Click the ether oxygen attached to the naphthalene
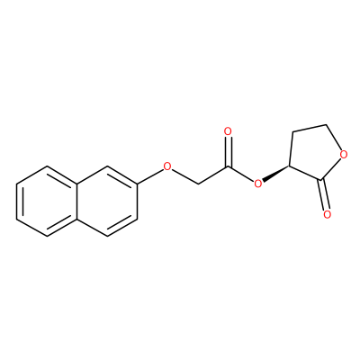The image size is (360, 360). (x=167, y=166)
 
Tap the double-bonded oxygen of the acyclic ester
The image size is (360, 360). (x=228, y=131)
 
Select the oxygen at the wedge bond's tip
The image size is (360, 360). (x=257, y=183)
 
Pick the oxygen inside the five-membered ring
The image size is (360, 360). (x=344, y=155)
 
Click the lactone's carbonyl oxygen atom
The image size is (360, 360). (x=328, y=214)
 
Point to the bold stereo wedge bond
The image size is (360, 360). (x=275, y=174)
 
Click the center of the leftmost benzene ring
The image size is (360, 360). (x=47, y=201)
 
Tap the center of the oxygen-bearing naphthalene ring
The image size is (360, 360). (x=107, y=201)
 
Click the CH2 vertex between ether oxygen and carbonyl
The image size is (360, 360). (x=198, y=184)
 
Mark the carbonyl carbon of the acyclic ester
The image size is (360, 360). (x=229, y=166)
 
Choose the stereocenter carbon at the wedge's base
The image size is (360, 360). (x=290, y=166)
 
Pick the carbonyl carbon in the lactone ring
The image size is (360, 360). (x=322, y=180)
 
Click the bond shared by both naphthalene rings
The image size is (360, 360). (x=77, y=201)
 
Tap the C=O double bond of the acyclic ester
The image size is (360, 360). (x=229, y=151)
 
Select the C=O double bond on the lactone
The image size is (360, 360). (x=325, y=195)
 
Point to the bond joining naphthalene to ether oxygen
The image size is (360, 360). (x=150, y=175)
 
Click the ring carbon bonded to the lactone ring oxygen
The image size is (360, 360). (x=326, y=124)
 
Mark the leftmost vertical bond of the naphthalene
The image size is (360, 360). (x=17, y=201)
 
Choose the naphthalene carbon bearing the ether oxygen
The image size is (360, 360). (x=138, y=184)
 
